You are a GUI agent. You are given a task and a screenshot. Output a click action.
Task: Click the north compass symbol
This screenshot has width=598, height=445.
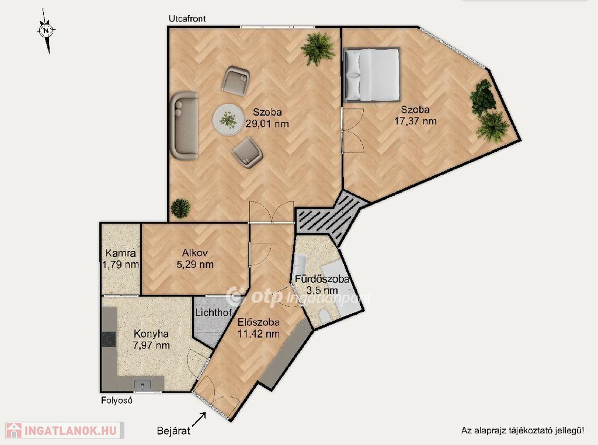point(46,30)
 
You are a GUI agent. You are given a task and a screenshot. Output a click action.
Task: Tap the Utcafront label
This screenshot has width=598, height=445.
point(187,19)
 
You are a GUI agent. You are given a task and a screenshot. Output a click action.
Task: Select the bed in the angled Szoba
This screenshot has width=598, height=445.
point(371,75)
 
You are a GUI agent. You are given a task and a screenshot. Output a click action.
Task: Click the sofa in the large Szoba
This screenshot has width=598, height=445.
point(184,125)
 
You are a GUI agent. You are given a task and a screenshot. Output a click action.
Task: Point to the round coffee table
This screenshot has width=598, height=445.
point(228,119)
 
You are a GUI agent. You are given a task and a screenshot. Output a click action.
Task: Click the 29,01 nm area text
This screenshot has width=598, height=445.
point(267,124)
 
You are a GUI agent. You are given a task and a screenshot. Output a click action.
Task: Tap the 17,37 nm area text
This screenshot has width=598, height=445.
point(415,121)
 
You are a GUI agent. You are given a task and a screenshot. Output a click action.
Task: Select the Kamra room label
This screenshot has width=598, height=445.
point(120,253)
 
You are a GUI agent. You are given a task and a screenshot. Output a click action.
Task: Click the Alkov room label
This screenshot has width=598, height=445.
point(194,253)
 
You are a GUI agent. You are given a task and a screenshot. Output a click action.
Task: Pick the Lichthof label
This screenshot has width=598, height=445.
point(214,312)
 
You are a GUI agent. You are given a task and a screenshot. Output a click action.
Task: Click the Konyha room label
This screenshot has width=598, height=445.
point(151,333)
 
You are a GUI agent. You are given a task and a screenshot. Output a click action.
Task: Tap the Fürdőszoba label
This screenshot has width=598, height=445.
point(322,279)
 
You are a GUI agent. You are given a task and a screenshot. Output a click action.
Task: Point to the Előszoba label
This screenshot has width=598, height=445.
point(258,322)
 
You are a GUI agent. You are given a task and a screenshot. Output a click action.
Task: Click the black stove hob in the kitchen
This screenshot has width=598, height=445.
point(109,339)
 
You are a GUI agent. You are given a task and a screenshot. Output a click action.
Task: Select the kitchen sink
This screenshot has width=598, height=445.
point(142,384)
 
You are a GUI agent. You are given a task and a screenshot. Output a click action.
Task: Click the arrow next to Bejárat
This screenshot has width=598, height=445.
point(199,419)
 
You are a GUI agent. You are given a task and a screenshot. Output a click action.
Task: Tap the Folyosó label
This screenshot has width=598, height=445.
point(117,401)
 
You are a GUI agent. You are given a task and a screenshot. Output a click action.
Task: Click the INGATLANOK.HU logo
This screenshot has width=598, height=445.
point(65,430)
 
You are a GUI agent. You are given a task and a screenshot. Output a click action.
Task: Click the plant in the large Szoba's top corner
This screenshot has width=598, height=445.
point(317,49)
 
